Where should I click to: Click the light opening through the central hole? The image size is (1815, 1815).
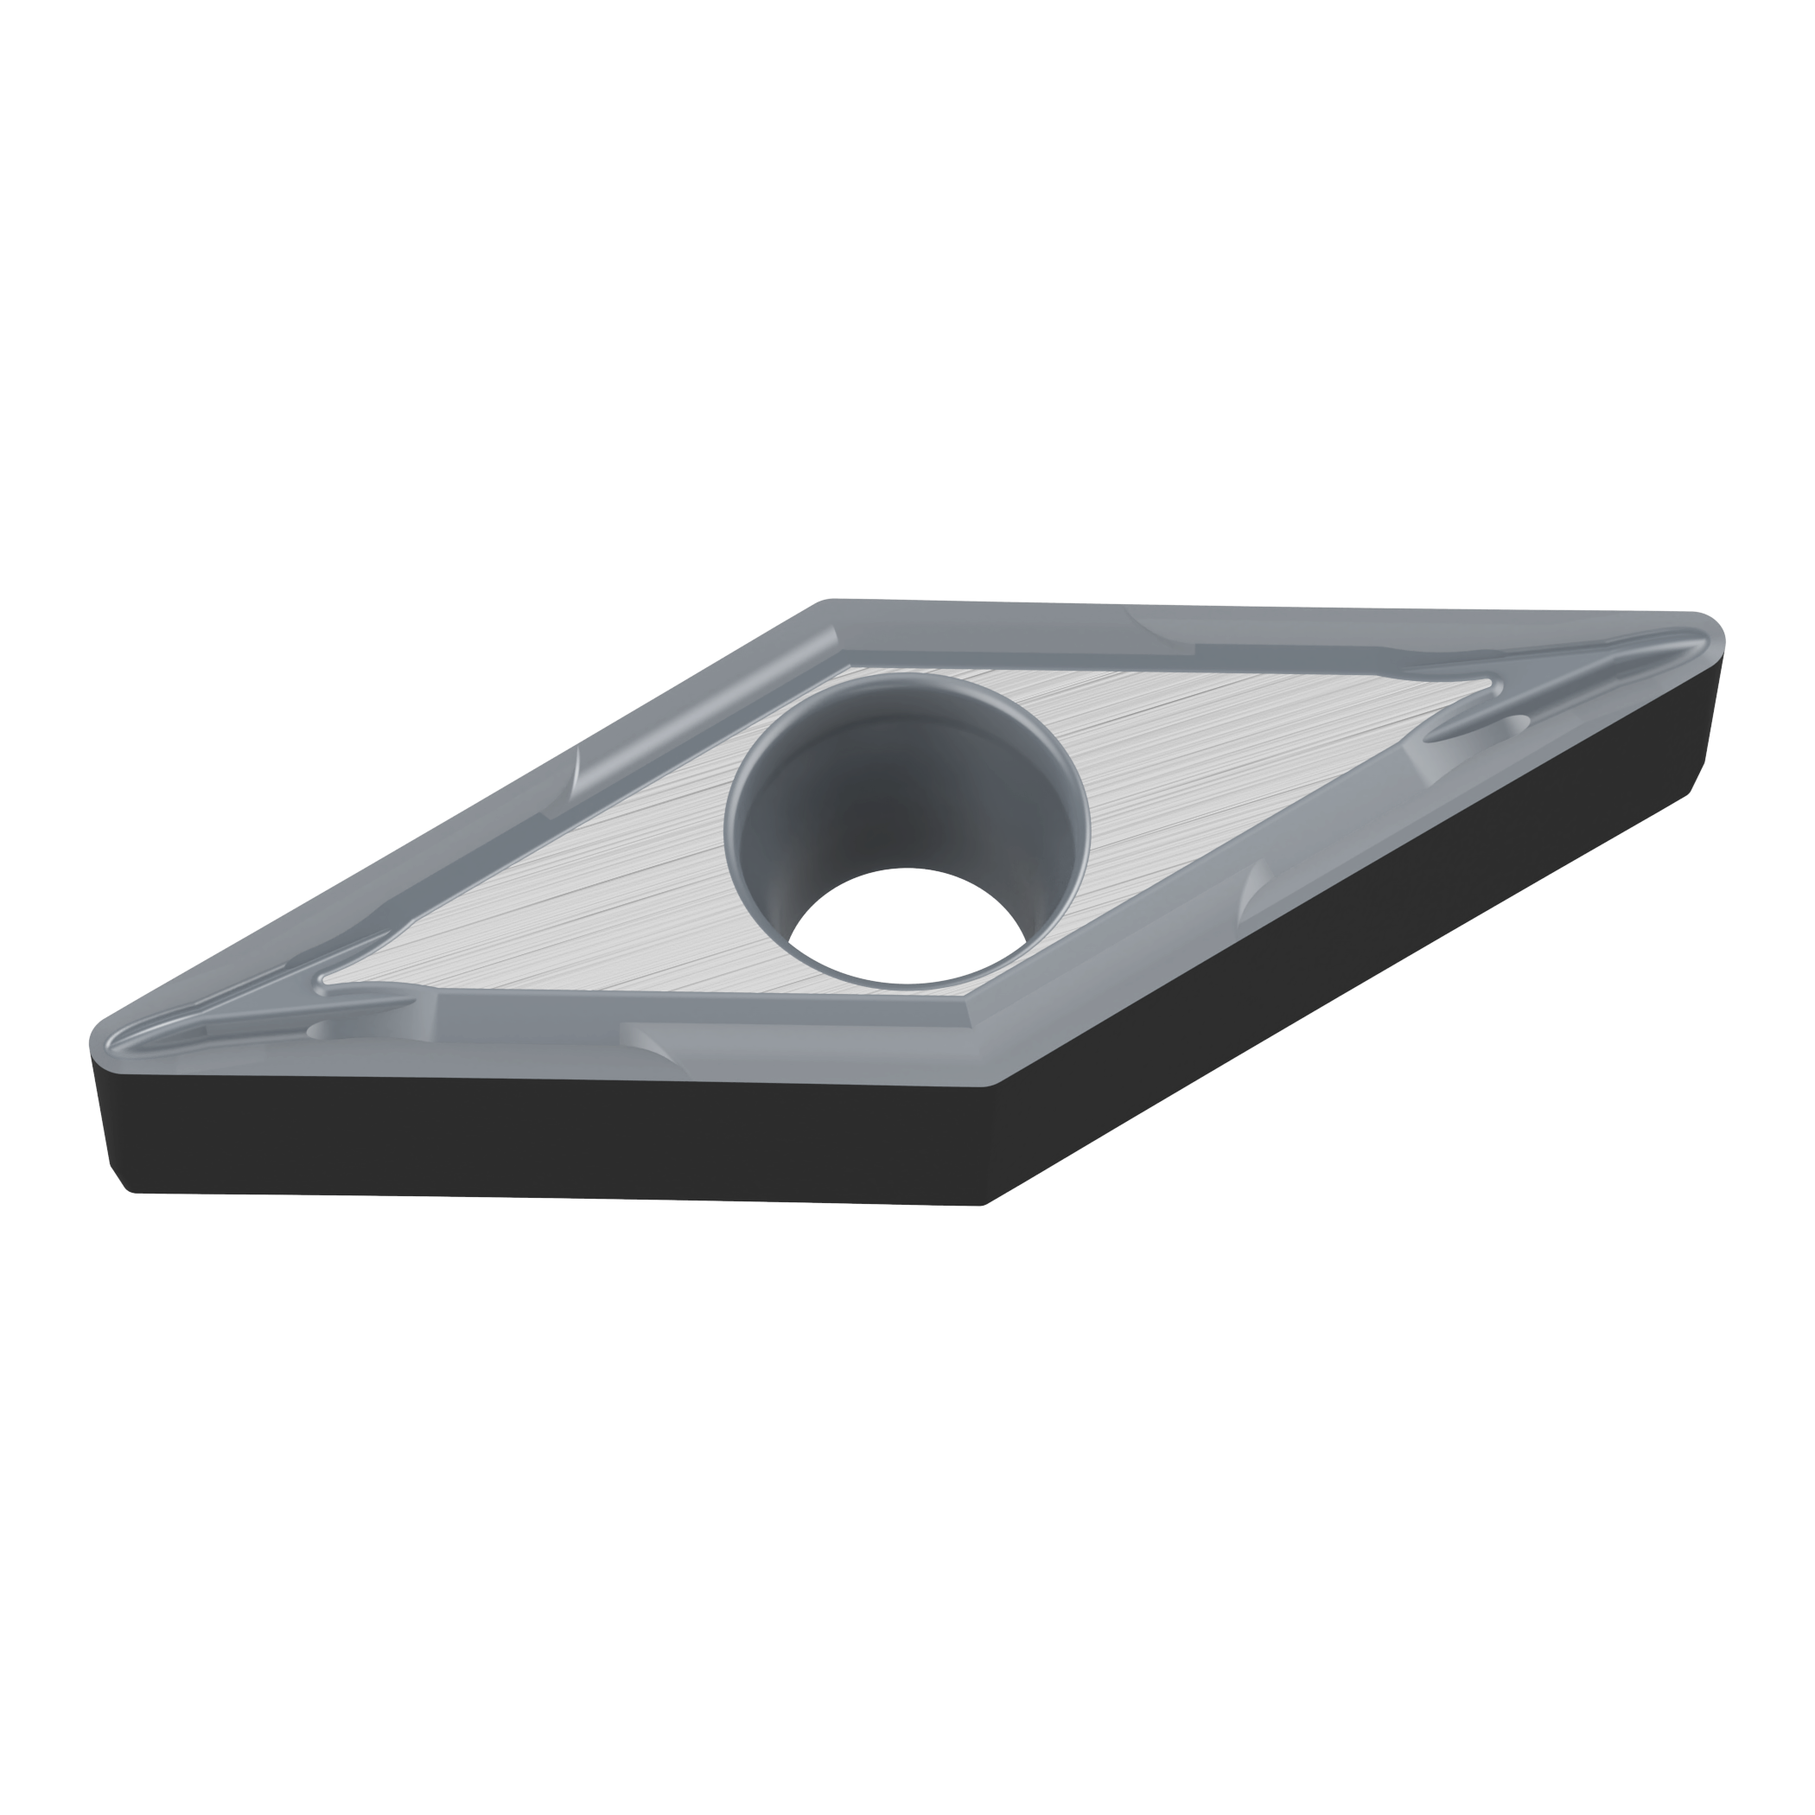pyautogui.click(x=907, y=926)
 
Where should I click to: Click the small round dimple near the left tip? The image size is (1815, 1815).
pyautogui.click(x=321, y=1029)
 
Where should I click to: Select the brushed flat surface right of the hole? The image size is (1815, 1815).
pyautogui.click(x=1221, y=752)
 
